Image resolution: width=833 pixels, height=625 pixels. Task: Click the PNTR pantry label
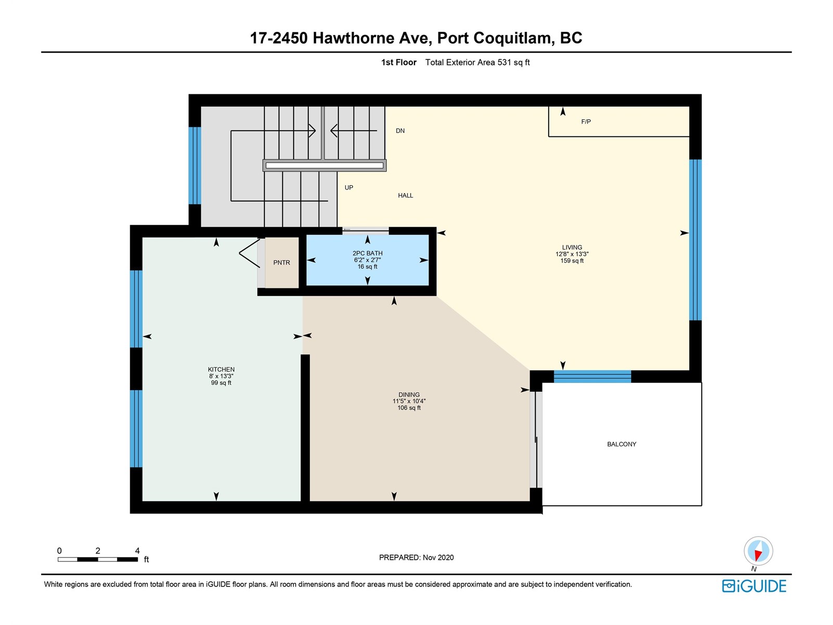pos(281,262)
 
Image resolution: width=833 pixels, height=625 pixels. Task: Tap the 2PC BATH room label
pos(368,253)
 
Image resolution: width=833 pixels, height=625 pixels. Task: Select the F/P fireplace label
pos(586,122)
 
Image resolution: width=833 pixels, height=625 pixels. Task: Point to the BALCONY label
pos(621,444)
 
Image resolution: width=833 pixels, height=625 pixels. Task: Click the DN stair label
pos(400,131)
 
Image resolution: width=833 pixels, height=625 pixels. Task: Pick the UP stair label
pos(349,187)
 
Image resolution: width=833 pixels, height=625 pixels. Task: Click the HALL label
pos(405,195)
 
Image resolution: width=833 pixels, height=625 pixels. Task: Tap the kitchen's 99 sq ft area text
pos(221,383)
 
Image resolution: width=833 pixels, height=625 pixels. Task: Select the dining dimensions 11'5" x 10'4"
pos(409,401)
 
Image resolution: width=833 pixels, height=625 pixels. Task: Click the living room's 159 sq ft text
pos(572,261)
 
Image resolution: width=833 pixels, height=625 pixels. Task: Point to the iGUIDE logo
pos(754,586)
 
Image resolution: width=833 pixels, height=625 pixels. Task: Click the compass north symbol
pos(758,551)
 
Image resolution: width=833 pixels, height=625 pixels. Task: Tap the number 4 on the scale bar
pos(137,551)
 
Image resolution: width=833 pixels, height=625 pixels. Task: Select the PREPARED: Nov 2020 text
pos(416,557)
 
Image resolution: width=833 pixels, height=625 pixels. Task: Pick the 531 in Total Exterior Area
pos(504,62)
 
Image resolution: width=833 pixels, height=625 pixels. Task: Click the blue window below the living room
pos(592,377)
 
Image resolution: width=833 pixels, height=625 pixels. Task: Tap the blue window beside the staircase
pos(195,166)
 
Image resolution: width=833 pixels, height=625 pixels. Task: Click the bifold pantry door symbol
pos(249,253)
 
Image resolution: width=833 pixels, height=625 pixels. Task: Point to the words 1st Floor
pos(399,62)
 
